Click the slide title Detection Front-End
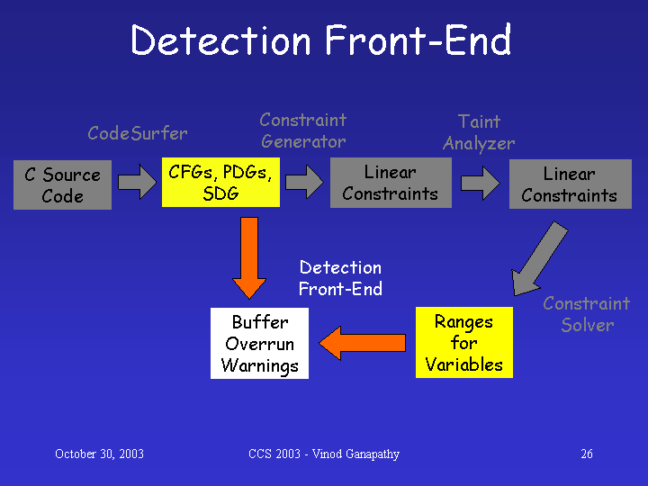pyautogui.click(x=321, y=40)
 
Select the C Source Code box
pyautogui.click(x=62, y=184)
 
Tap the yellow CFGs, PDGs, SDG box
pyautogui.click(x=220, y=182)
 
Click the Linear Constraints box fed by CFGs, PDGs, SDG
pyautogui.click(x=391, y=183)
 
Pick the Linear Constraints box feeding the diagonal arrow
pyautogui.click(x=571, y=184)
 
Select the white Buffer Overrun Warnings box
pyautogui.click(x=259, y=343)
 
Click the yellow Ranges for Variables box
pyautogui.click(x=464, y=342)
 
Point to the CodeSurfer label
pyautogui.click(x=138, y=133)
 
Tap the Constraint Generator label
pyautogui.click(x=303, y=130)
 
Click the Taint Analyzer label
pyautogui.click(x=479, y=132)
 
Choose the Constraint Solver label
pyautogui.click(x=587, y=314)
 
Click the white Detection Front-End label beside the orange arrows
pyautogui.click(x=340, y=278)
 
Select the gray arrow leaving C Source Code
pyautogui.click(x=137, y=182)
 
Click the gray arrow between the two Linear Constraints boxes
pyautogui.click(x=481, y=183)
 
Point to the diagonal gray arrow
pyautogui.click(x=540, y=258)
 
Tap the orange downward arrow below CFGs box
pyautogui.click(x=249, y=258)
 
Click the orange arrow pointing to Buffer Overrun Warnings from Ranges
pyautogui.click(x=363, y=343)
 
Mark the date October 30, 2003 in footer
pyautogui.click(x=99, y=454)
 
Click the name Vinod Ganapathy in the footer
pyautogui.click(x=355, y=454)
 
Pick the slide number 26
pyautogui.click(x=587, y=454)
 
